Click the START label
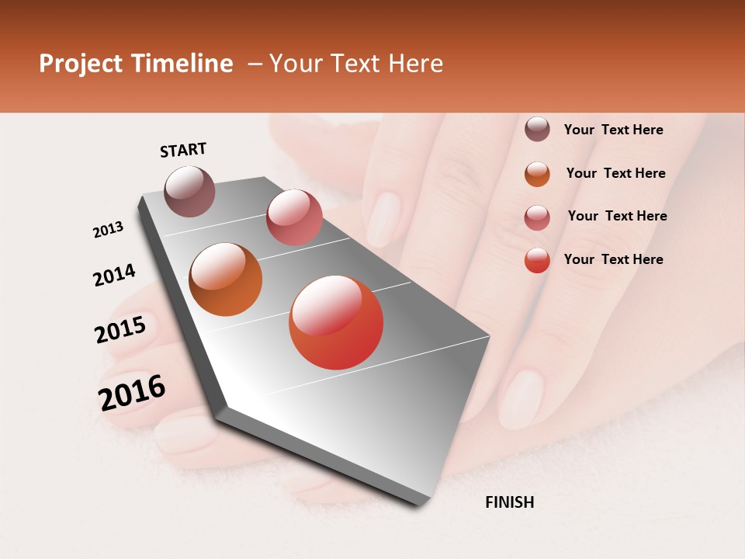(183, 150)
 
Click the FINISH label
(509, 502)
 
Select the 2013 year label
(108, 230)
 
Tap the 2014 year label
(114, 275)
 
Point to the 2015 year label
(120, 330)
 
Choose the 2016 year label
(132, 392)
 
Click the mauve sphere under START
(189, 191)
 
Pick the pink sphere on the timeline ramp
(294, 217)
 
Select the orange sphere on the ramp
(225, 279)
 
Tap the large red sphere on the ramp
(336, 322)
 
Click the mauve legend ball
(537, 129)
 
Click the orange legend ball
(537, 174)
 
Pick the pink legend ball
(537, 217)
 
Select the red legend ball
(537, 260)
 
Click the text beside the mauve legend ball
(613, 130)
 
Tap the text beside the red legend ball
(613, 259)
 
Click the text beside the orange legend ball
(615, 173)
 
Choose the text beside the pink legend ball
(617, 216)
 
